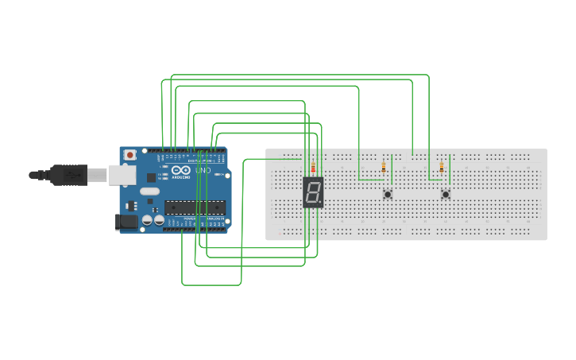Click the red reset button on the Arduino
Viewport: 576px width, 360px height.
tap(130, 154)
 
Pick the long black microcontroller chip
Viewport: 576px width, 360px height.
tap(195, 208)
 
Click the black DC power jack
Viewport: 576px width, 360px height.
tap(126, 222)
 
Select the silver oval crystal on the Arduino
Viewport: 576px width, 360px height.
tap(149, 191)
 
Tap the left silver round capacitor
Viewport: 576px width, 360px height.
tap(148, 219)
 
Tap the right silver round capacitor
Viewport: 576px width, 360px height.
tap(159, 219)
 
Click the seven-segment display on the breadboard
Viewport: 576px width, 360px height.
tap(313, 192)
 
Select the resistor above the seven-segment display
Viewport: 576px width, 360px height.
tap(313, 168)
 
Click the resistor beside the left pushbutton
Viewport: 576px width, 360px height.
tap(384, 167)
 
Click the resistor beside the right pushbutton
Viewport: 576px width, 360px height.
tap(441, 167)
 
